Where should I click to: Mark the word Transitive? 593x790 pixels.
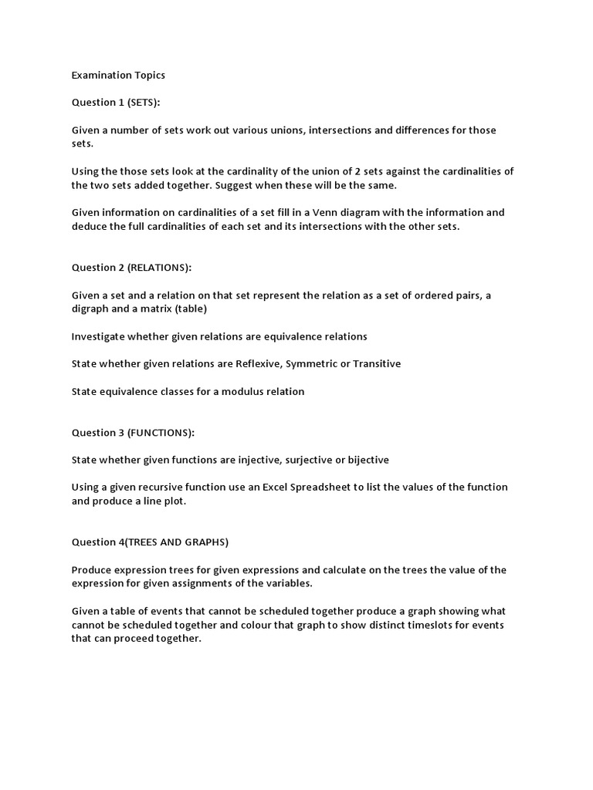pos(377,363)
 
